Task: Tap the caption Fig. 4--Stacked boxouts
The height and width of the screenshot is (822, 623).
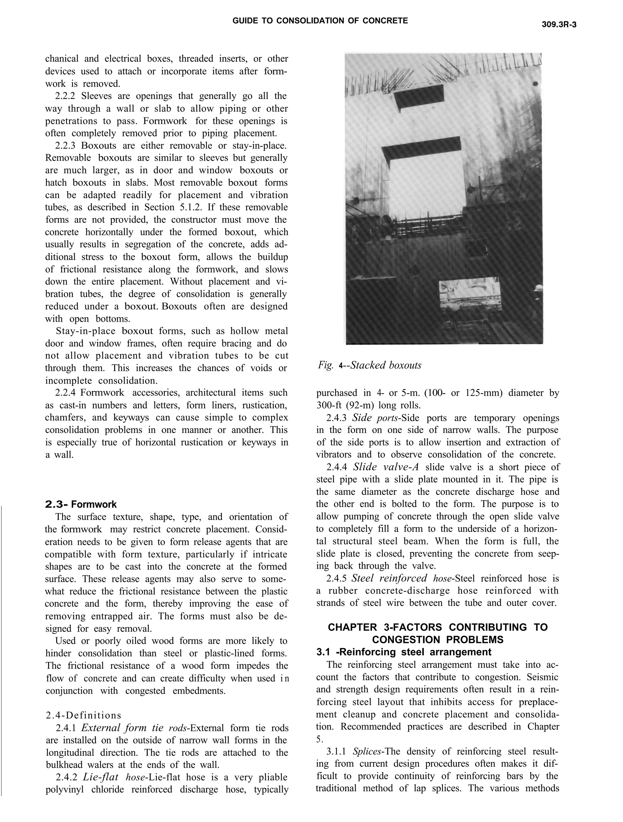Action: [x=369, y=365]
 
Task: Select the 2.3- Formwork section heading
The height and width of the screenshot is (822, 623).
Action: [x=81, y=504]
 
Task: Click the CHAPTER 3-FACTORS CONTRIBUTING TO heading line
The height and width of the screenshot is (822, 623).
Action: [x=438, y=627]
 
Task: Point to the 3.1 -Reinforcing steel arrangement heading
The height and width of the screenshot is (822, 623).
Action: [x=403, y=652]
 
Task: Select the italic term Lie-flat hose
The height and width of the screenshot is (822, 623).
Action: [x=115, y=777]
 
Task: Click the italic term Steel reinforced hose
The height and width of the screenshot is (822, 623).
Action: [x=400, y=578]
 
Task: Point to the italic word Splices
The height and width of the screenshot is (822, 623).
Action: [x=366, y=751]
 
